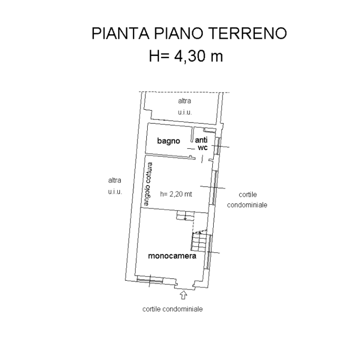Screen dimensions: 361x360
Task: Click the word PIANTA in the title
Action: pyautogui.click(x=120, y=33)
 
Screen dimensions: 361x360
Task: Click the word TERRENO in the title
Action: pyautogui.click(x=249, y=33)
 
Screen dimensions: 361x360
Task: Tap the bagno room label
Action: pyautogui.click(x=168, y=141)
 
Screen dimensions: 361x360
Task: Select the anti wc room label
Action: pyautogui.click(x=202, y=144)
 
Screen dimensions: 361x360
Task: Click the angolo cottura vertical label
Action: pyautogui.click(x=147, y=184)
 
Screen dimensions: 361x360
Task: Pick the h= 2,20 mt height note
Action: pyautogui.click(x=176, y=194)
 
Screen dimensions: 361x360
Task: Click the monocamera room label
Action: pyautogui.click(x=172, y=256)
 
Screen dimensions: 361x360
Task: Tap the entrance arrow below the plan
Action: pyautogui.click(x=183, y=295)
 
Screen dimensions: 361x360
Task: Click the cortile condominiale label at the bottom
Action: pyautogui.click(x=173, y=309)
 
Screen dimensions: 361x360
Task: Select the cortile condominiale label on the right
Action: pyautogui.click(x=248, y=200)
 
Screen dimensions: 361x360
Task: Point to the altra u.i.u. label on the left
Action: pyautogui.click(x=115, y=186)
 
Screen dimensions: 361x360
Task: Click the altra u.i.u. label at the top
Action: pyautogui.click(x=185, y=107)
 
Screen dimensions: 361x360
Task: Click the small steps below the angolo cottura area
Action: pyautogui.click(x=186, y=216)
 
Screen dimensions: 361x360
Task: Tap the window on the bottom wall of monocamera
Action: pyautogui.click(x=150, y=280)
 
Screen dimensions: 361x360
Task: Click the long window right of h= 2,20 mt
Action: pyautogui.click(x=215, y=187)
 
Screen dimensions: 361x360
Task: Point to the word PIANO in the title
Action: pyautogui.click(x=179, y=33)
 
